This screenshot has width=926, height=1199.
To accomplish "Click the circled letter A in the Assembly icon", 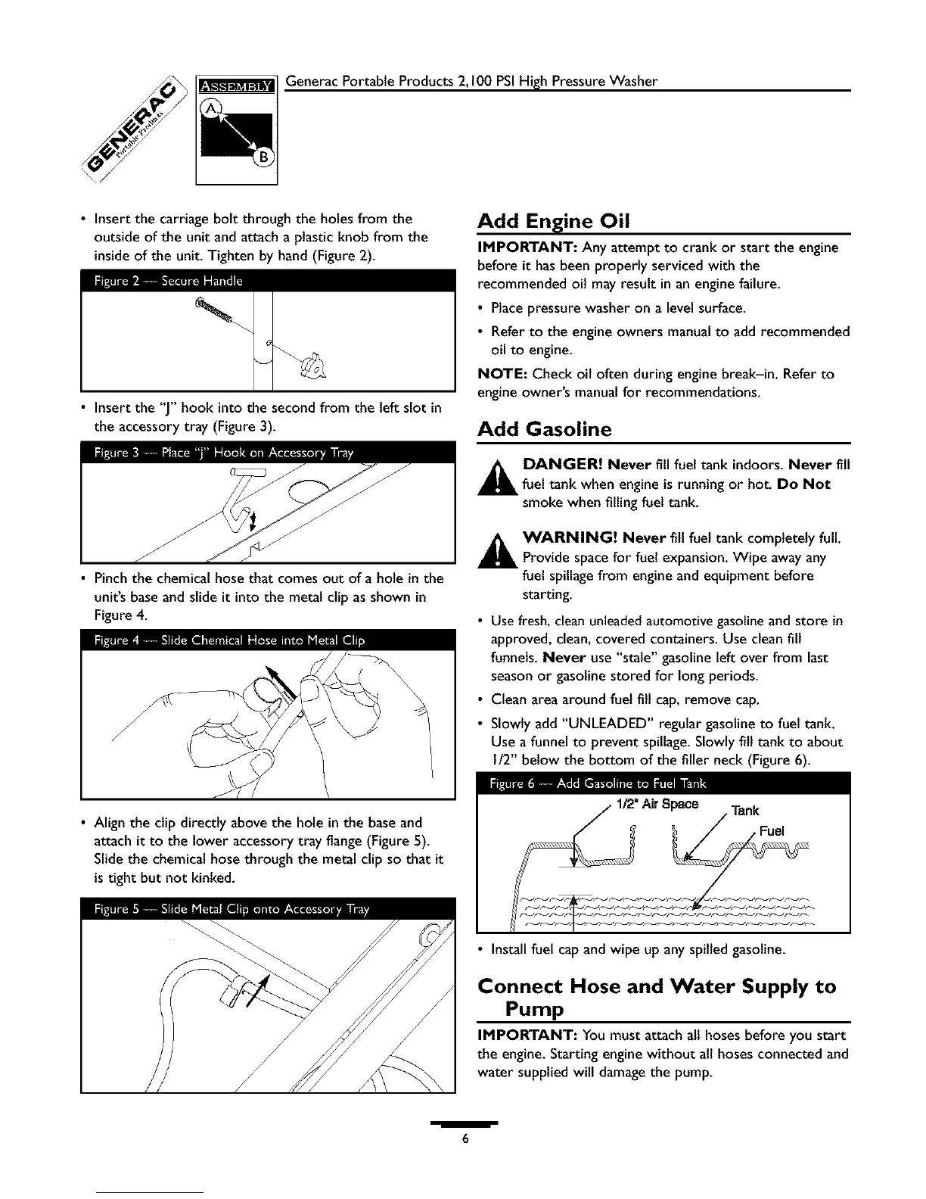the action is click(x=209, y=109).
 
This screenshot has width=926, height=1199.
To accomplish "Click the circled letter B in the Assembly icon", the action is click(x=263, y=158).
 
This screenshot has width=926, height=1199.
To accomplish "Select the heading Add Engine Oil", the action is click(x=553, y=221).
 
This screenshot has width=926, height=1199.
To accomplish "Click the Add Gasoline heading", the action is click(x=545, y=428).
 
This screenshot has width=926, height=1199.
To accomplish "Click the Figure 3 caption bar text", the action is click(x=223, y=453).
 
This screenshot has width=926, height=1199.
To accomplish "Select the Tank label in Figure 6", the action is click(x=745, y=811).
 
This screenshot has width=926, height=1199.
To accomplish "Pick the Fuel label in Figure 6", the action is click(x=772, y=831).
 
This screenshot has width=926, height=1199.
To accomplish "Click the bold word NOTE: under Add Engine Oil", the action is click(x=502, y=374).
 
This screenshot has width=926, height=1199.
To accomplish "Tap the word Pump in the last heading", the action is click(x=534, y=1009).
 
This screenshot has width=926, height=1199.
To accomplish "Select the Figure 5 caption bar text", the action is click(x=231, y=909).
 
